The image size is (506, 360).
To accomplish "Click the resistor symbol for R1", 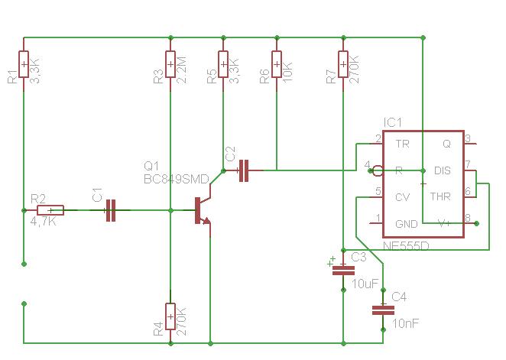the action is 24,64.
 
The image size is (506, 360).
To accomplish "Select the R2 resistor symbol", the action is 50,210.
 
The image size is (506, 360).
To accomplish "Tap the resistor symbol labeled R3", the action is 170,64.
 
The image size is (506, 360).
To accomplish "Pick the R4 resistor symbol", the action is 170,316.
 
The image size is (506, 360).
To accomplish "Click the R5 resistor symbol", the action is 223,64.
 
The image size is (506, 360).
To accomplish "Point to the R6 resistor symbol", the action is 277,64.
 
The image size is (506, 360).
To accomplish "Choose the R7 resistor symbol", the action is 343,64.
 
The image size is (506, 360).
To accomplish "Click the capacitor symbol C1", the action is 111,210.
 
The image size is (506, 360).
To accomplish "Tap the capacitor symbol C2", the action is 244,170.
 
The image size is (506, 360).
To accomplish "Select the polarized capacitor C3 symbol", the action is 343,271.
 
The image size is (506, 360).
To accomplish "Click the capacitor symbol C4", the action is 383,310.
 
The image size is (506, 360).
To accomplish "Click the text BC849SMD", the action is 177,179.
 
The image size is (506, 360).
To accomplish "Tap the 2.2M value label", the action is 182,70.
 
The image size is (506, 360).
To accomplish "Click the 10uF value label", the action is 365,284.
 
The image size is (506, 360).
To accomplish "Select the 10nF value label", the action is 406,323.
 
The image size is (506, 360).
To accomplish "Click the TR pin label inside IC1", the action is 402,144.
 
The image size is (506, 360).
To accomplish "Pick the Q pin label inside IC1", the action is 446,144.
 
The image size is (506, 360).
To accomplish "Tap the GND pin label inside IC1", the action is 407,223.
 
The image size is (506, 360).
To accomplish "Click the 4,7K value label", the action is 44,222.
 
